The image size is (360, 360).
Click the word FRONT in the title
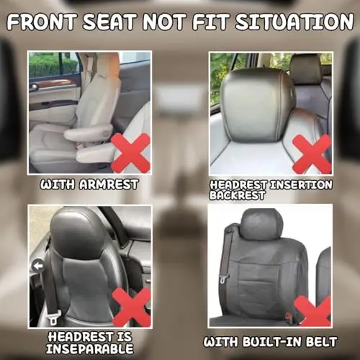click(x=42, y=22)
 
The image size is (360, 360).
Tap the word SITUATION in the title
click(x=294, y=22)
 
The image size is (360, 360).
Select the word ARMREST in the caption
click(x=109, y=184)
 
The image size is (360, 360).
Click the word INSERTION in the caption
click(x=301, y=185)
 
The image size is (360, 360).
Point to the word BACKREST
click(x=238, y=195)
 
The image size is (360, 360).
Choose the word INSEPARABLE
click(x=90, y=348)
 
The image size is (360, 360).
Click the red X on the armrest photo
click(x=131, y=153)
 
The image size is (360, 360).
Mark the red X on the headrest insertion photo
click(x=312, y=154)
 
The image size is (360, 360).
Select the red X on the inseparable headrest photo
click(x=132, y=307)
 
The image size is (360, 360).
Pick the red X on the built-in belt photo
click(x=312, y=310)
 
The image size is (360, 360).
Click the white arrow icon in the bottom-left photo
click(x=38, y=266)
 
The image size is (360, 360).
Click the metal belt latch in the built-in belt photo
click(x=224, y=279)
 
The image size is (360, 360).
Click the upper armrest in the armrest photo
click(x=89, y=132)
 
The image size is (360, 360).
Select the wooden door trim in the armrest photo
click(x=53, y=84)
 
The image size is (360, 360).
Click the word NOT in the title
click(x=166, y=22)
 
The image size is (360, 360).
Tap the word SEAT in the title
click(x=110, y=22)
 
